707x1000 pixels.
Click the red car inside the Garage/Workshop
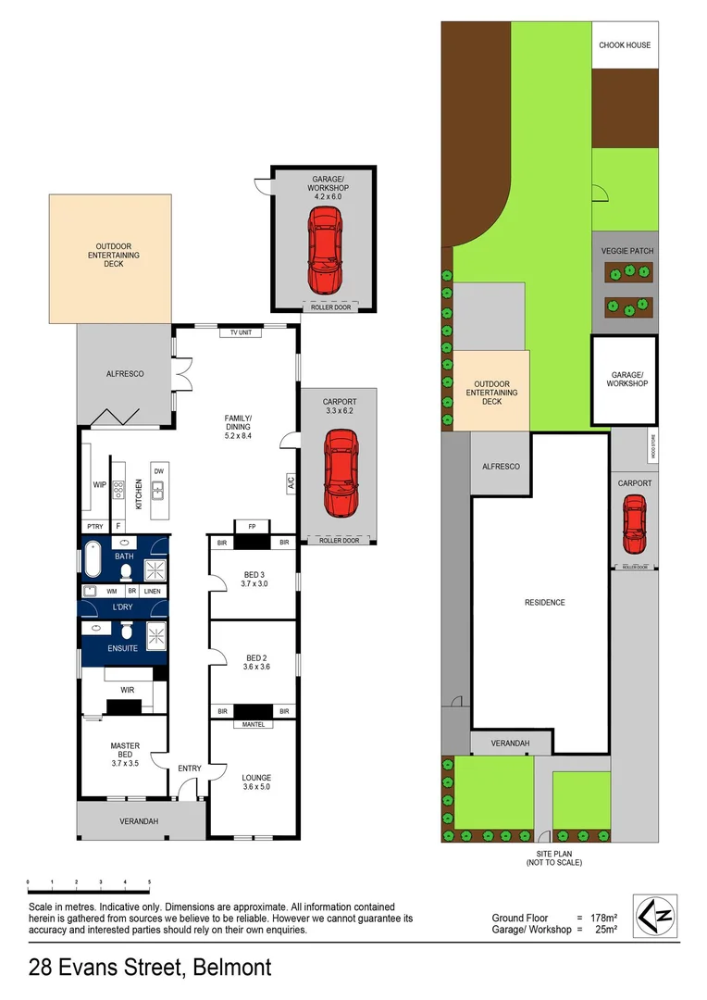[324, 247]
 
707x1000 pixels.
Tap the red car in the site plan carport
[634, 524]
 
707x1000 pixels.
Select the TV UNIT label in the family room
[235, 333]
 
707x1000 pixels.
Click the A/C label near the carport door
[290, 481]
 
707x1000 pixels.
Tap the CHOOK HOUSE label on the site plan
[625, 45]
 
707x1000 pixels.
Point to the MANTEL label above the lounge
[253, 724]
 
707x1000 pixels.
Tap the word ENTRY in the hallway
[189, 769]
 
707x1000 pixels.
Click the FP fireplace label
[252, 527]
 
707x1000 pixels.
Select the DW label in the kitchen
[158, 471]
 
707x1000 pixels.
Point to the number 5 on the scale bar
[149, 882]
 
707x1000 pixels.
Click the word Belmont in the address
[232, 969]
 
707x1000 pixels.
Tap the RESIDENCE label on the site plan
[544, 602]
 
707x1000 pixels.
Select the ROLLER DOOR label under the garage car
[330, 306]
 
